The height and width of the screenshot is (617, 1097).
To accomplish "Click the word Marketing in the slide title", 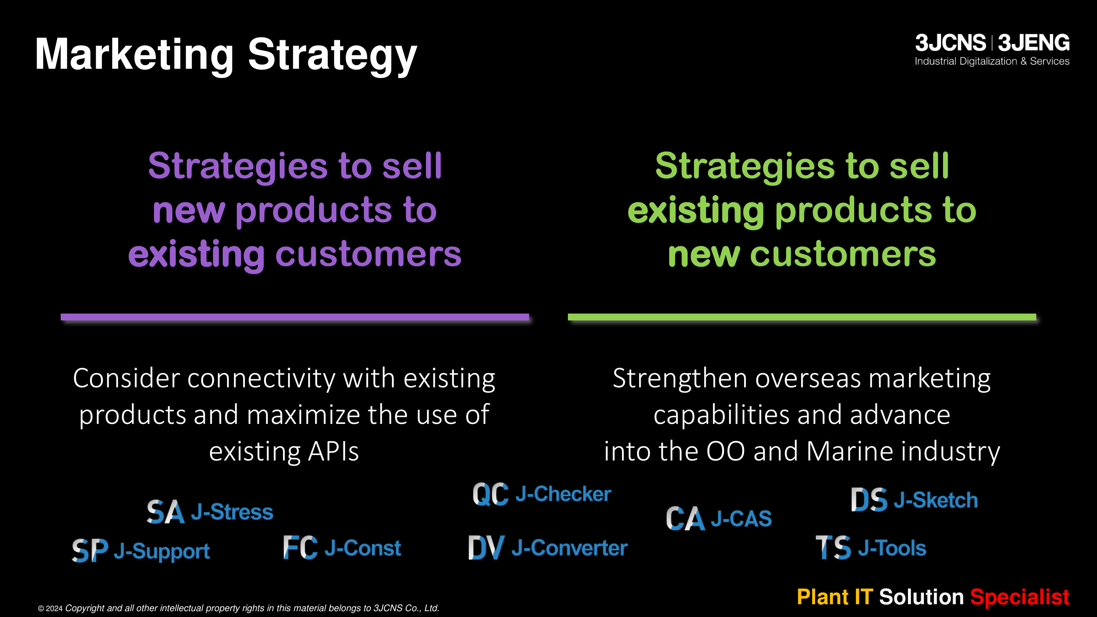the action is [x=135, y=55].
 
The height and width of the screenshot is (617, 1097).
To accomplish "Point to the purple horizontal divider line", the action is [x=295, y=317].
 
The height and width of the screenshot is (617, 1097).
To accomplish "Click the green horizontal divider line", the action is [x=802, y=317].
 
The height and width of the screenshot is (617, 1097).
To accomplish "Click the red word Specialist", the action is [x=1019, y=597].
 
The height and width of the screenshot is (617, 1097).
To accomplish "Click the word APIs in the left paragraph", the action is [x=333, y=451].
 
